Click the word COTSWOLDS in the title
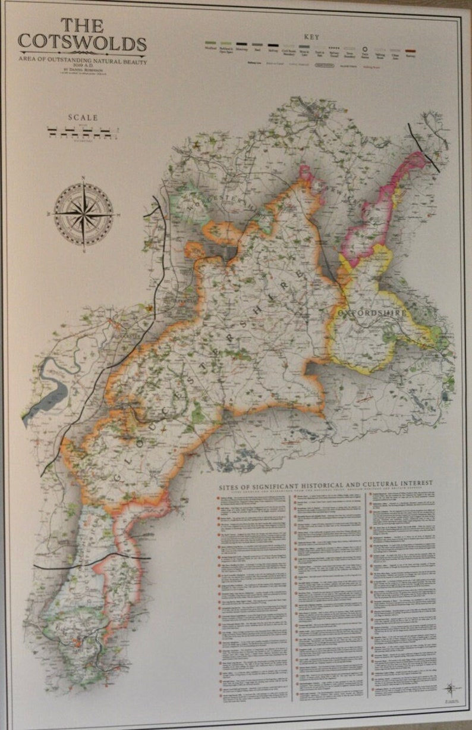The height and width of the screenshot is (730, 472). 82,43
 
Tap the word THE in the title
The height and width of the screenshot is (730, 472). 82,25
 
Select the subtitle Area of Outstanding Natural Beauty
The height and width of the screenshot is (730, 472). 82,61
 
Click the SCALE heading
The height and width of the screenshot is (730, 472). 83,118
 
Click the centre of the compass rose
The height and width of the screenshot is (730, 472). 83,213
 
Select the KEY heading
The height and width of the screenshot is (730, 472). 311,37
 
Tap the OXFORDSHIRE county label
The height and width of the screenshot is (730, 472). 373,312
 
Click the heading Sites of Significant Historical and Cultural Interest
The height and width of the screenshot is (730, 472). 325,483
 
